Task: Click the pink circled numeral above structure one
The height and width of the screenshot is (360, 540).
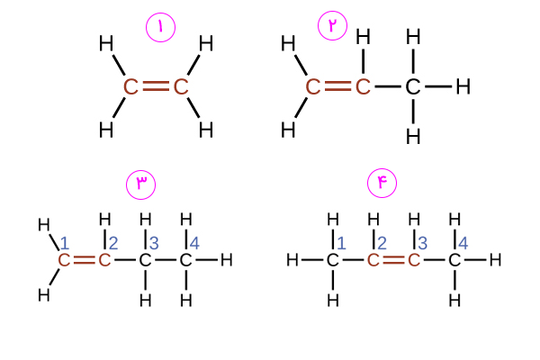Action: point(160,27)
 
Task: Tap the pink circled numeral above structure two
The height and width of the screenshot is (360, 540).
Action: point(332,25)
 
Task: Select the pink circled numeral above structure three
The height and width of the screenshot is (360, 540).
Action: point(141,184)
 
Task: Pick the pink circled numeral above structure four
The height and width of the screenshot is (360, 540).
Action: point(382,183)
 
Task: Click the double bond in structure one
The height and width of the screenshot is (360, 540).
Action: point(156,86)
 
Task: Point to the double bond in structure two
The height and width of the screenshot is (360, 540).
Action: point(337,86)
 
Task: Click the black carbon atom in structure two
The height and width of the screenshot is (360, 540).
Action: point(413,86)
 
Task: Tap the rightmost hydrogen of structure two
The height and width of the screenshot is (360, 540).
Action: point(463,86)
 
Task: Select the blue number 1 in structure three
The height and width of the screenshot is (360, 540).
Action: point(65,244)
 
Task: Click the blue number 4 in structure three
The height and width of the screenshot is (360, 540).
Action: point(194,244)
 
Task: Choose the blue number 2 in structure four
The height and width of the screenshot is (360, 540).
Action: point(382,244)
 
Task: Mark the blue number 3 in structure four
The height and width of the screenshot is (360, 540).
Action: point(423,244)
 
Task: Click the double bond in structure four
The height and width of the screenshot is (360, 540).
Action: point(393,260)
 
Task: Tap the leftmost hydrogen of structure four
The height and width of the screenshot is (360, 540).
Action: point(292,260)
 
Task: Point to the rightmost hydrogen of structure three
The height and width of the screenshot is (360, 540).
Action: point(227,260)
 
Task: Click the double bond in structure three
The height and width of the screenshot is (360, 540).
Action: point(84,260)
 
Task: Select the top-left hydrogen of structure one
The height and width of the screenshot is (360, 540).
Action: point(106,44)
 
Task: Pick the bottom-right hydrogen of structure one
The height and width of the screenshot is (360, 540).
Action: point(206,130)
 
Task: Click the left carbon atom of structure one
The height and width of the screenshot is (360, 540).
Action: point(130,86)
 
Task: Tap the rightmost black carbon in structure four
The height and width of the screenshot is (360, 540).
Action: point(454,260)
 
